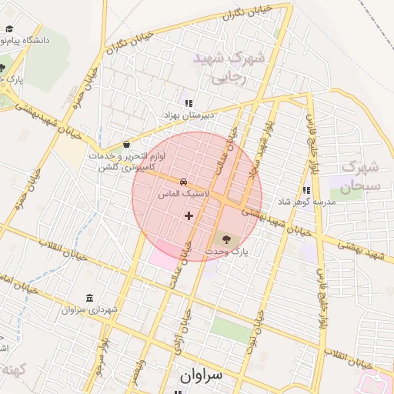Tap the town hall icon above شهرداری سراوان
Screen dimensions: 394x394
coord(91,298)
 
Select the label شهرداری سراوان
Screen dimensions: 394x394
coord(91,309)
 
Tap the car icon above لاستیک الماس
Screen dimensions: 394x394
coord(182,182)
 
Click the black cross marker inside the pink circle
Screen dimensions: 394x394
coord(189,215)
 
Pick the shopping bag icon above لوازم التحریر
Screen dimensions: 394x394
coord(126,144)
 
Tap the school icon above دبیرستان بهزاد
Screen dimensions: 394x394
coord(187,102)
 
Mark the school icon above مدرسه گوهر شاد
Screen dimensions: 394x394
coord(306,189)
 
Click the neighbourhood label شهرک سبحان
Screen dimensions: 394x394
coord(360,176)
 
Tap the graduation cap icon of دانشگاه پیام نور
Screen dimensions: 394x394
coord(9,29)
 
